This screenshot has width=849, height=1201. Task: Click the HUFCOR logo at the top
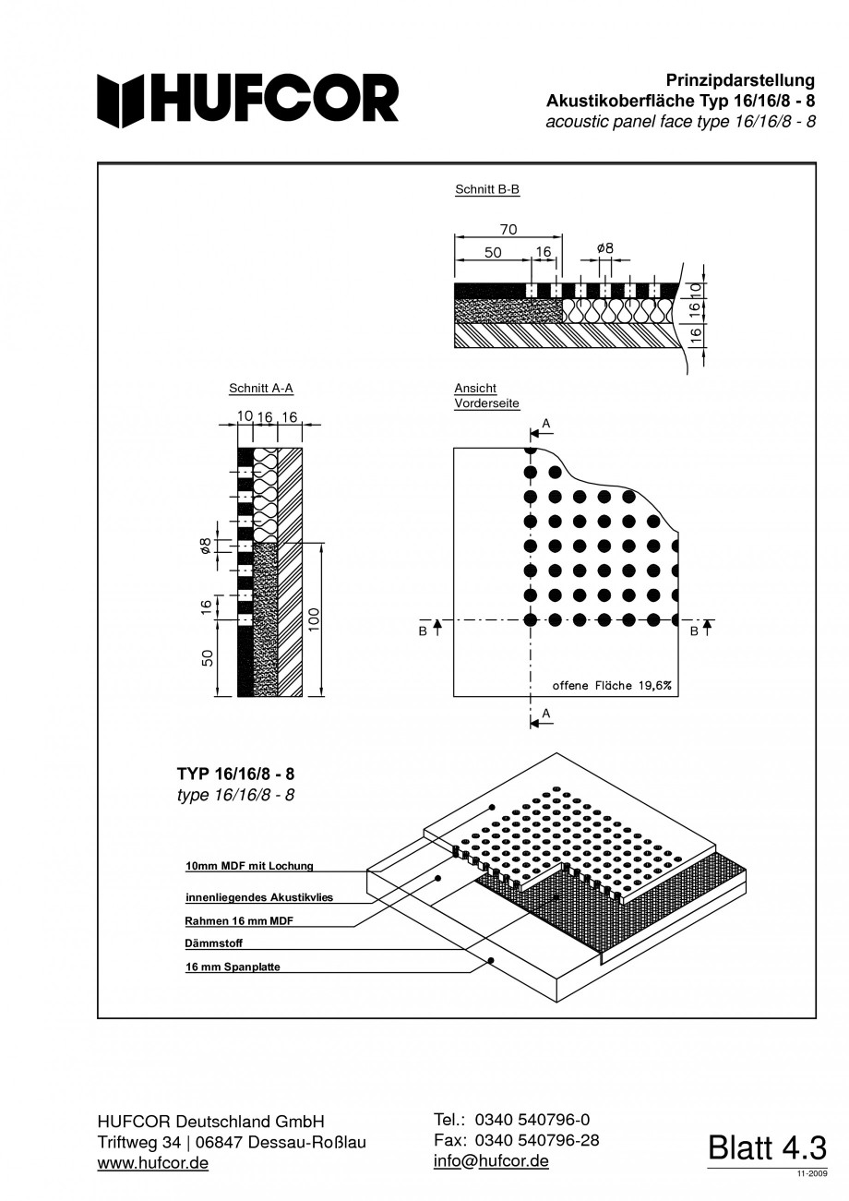[248, 99]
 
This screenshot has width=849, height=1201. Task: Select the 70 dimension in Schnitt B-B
[508, 229]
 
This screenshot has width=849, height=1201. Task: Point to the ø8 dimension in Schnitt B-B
[605, 248]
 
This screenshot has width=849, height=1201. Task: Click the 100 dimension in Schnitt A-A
[315, 619]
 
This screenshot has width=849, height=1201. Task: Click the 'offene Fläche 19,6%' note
[612, 685]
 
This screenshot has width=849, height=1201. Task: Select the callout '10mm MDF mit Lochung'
[250, 866]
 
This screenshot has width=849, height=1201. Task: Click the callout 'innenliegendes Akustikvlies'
[258, 896]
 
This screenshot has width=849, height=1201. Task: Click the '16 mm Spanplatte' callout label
[233, 967]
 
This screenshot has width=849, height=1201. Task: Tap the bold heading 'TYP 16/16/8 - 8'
[235, 774]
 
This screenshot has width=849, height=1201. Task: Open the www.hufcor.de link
[153, 1163]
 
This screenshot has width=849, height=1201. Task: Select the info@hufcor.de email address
[491, 1160]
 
